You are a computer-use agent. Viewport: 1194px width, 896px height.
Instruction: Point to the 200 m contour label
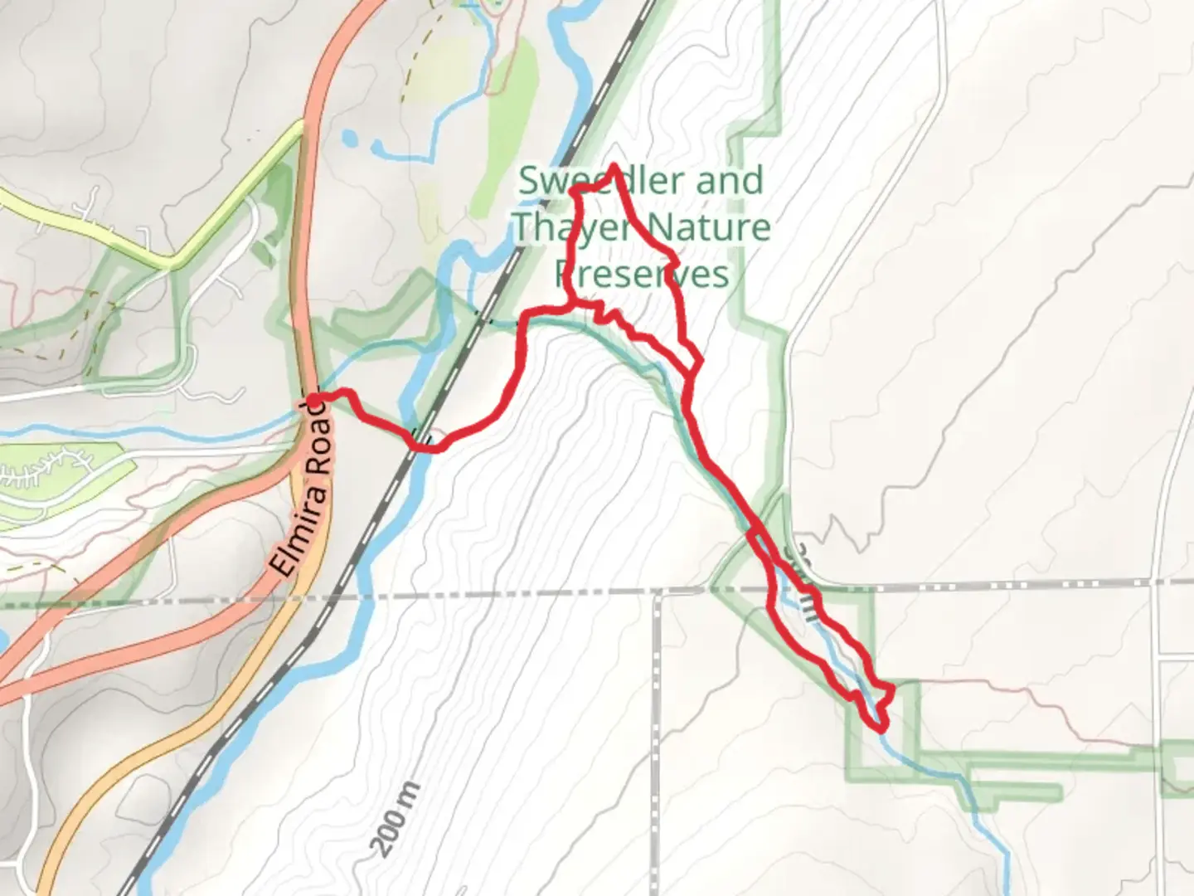click(396, 819)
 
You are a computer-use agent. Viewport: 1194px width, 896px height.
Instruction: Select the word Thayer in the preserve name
click(572, 226)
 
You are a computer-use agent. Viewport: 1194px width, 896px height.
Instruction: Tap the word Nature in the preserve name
click(709, 226)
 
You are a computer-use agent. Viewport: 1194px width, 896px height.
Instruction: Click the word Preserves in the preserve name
click(643, 274)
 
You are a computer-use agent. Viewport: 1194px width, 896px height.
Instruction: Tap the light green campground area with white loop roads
click(58, 473)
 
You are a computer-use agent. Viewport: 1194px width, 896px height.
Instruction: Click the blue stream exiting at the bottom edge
click(1003, 871)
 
